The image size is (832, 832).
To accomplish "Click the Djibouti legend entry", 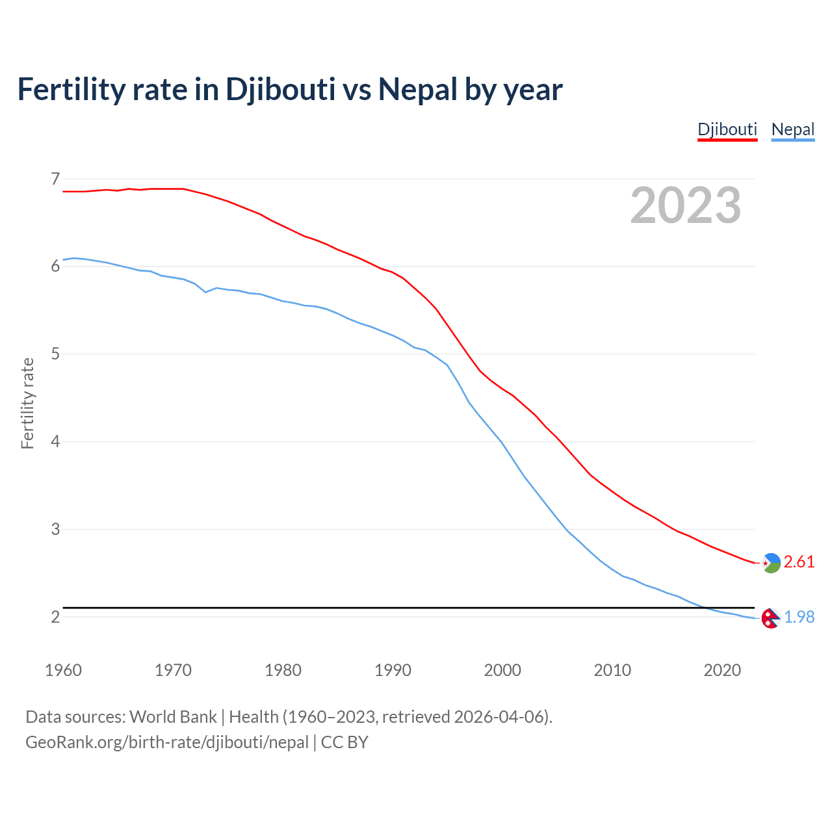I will click(727, 129).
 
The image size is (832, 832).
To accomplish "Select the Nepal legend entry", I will click(792, 129).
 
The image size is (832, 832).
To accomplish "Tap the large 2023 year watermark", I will click(686, 205).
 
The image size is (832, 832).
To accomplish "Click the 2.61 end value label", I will click(799, 562).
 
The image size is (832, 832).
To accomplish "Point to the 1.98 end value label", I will click(799, 617).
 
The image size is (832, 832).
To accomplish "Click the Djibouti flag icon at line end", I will click(771, 563).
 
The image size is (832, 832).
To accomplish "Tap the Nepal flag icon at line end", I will click(770, 619).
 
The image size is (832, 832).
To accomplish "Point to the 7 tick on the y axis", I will click(55, 178).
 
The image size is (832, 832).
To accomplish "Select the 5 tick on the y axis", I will click(55, 354).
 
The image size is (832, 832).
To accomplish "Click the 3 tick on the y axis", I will click(55, 529).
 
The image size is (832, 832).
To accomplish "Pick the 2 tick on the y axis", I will click(55, 617).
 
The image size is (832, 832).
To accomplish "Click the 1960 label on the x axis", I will click(63, 670).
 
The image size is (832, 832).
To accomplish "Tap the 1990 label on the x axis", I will click(393, 670).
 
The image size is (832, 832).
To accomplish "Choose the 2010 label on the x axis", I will click(612, 670).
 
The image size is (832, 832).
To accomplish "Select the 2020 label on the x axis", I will click(722, 670).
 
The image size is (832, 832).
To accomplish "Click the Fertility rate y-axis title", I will click(27, 403).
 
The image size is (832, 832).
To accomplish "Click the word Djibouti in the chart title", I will click(280, 89).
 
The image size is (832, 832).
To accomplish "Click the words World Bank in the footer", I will click(173, 717).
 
